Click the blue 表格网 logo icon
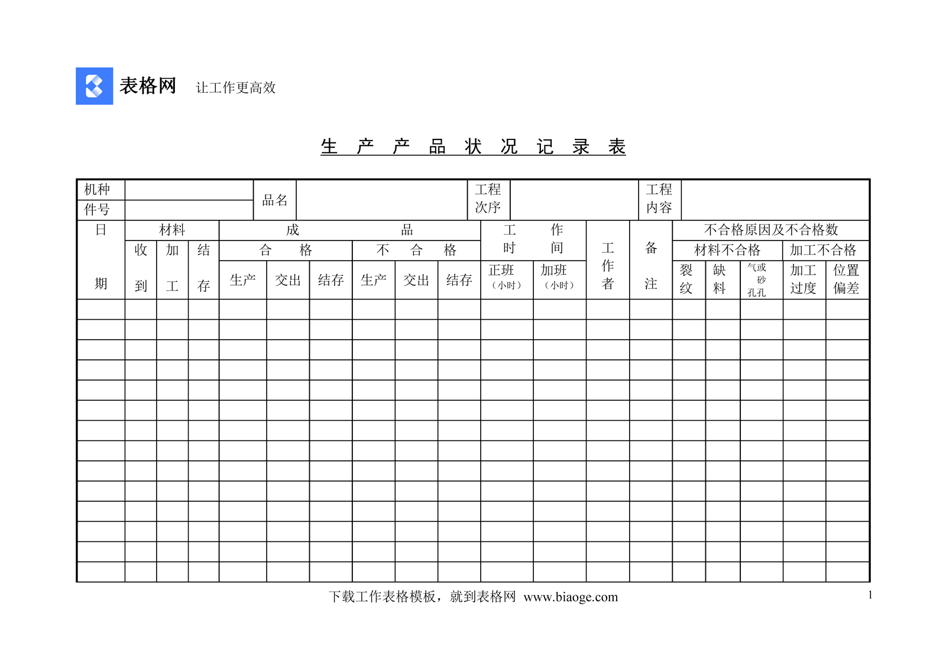[x=94, y=86]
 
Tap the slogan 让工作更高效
[x=235, y=88]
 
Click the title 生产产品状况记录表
[x=472, y=147]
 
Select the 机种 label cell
[x=98, y=190]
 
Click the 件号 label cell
[x=98, y=210]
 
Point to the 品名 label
[x=275, y=200]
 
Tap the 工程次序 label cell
[x=488, y=199]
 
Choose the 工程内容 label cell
[x=659, y=199]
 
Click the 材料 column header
[x=172, y=230]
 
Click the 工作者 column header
[x=607, y=266]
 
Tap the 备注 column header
[x=650, y=266]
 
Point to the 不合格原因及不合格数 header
[x=770, y=230]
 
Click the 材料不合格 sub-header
[x=727, y=250]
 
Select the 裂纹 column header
[x=686, y=279]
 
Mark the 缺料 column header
[x=719, y=279]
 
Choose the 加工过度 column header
[x=803, y=279]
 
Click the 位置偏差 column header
[x=846, y=279]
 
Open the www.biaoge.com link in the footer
[x=571, y=597]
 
